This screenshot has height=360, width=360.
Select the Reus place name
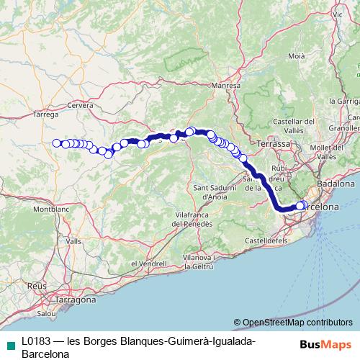[x=36, y=286]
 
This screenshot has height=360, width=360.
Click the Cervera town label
[x=81, y=105]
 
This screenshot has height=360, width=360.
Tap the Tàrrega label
[x=45, y=114]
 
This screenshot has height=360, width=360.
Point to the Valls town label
[x=73, y=243]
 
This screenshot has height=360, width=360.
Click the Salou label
[x=47, y=314]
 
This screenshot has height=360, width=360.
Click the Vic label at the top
[x=337, y=14]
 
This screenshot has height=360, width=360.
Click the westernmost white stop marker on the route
[x=56, y=143]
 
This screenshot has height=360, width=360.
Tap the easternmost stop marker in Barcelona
[x=302, y=205]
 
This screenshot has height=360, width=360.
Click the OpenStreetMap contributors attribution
[x=292, y=322]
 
